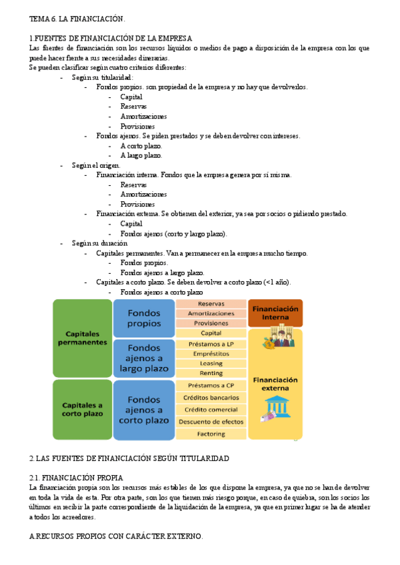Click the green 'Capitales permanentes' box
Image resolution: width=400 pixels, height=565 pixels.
pos(83,337)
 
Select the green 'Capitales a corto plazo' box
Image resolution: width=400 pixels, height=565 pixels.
pos(83,409)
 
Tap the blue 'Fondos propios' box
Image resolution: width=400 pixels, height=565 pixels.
pos(143,318)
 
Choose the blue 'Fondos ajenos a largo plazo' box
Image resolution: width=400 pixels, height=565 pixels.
pos(143,357)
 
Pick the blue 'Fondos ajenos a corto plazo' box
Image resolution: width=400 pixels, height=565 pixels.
pos(143,410)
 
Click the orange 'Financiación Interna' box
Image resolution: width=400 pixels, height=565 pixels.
pos(275,312)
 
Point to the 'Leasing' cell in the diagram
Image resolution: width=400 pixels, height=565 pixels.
pos(211,364)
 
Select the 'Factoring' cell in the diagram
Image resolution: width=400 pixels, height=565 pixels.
pos(211,434)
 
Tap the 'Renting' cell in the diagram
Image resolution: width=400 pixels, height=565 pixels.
pos(211,373)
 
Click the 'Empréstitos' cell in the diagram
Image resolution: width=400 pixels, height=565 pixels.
pos(211,354)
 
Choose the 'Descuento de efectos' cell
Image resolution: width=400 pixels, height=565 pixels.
pos(211,422)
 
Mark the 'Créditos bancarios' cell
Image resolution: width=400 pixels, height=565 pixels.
pos(211,398)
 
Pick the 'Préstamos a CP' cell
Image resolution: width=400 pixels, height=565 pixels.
pos(211,385)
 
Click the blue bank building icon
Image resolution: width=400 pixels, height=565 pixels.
pos(275,406)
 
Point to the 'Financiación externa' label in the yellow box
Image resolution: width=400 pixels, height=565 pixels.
pos(275,384)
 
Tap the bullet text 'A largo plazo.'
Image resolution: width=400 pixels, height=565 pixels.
pos(141,155)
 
